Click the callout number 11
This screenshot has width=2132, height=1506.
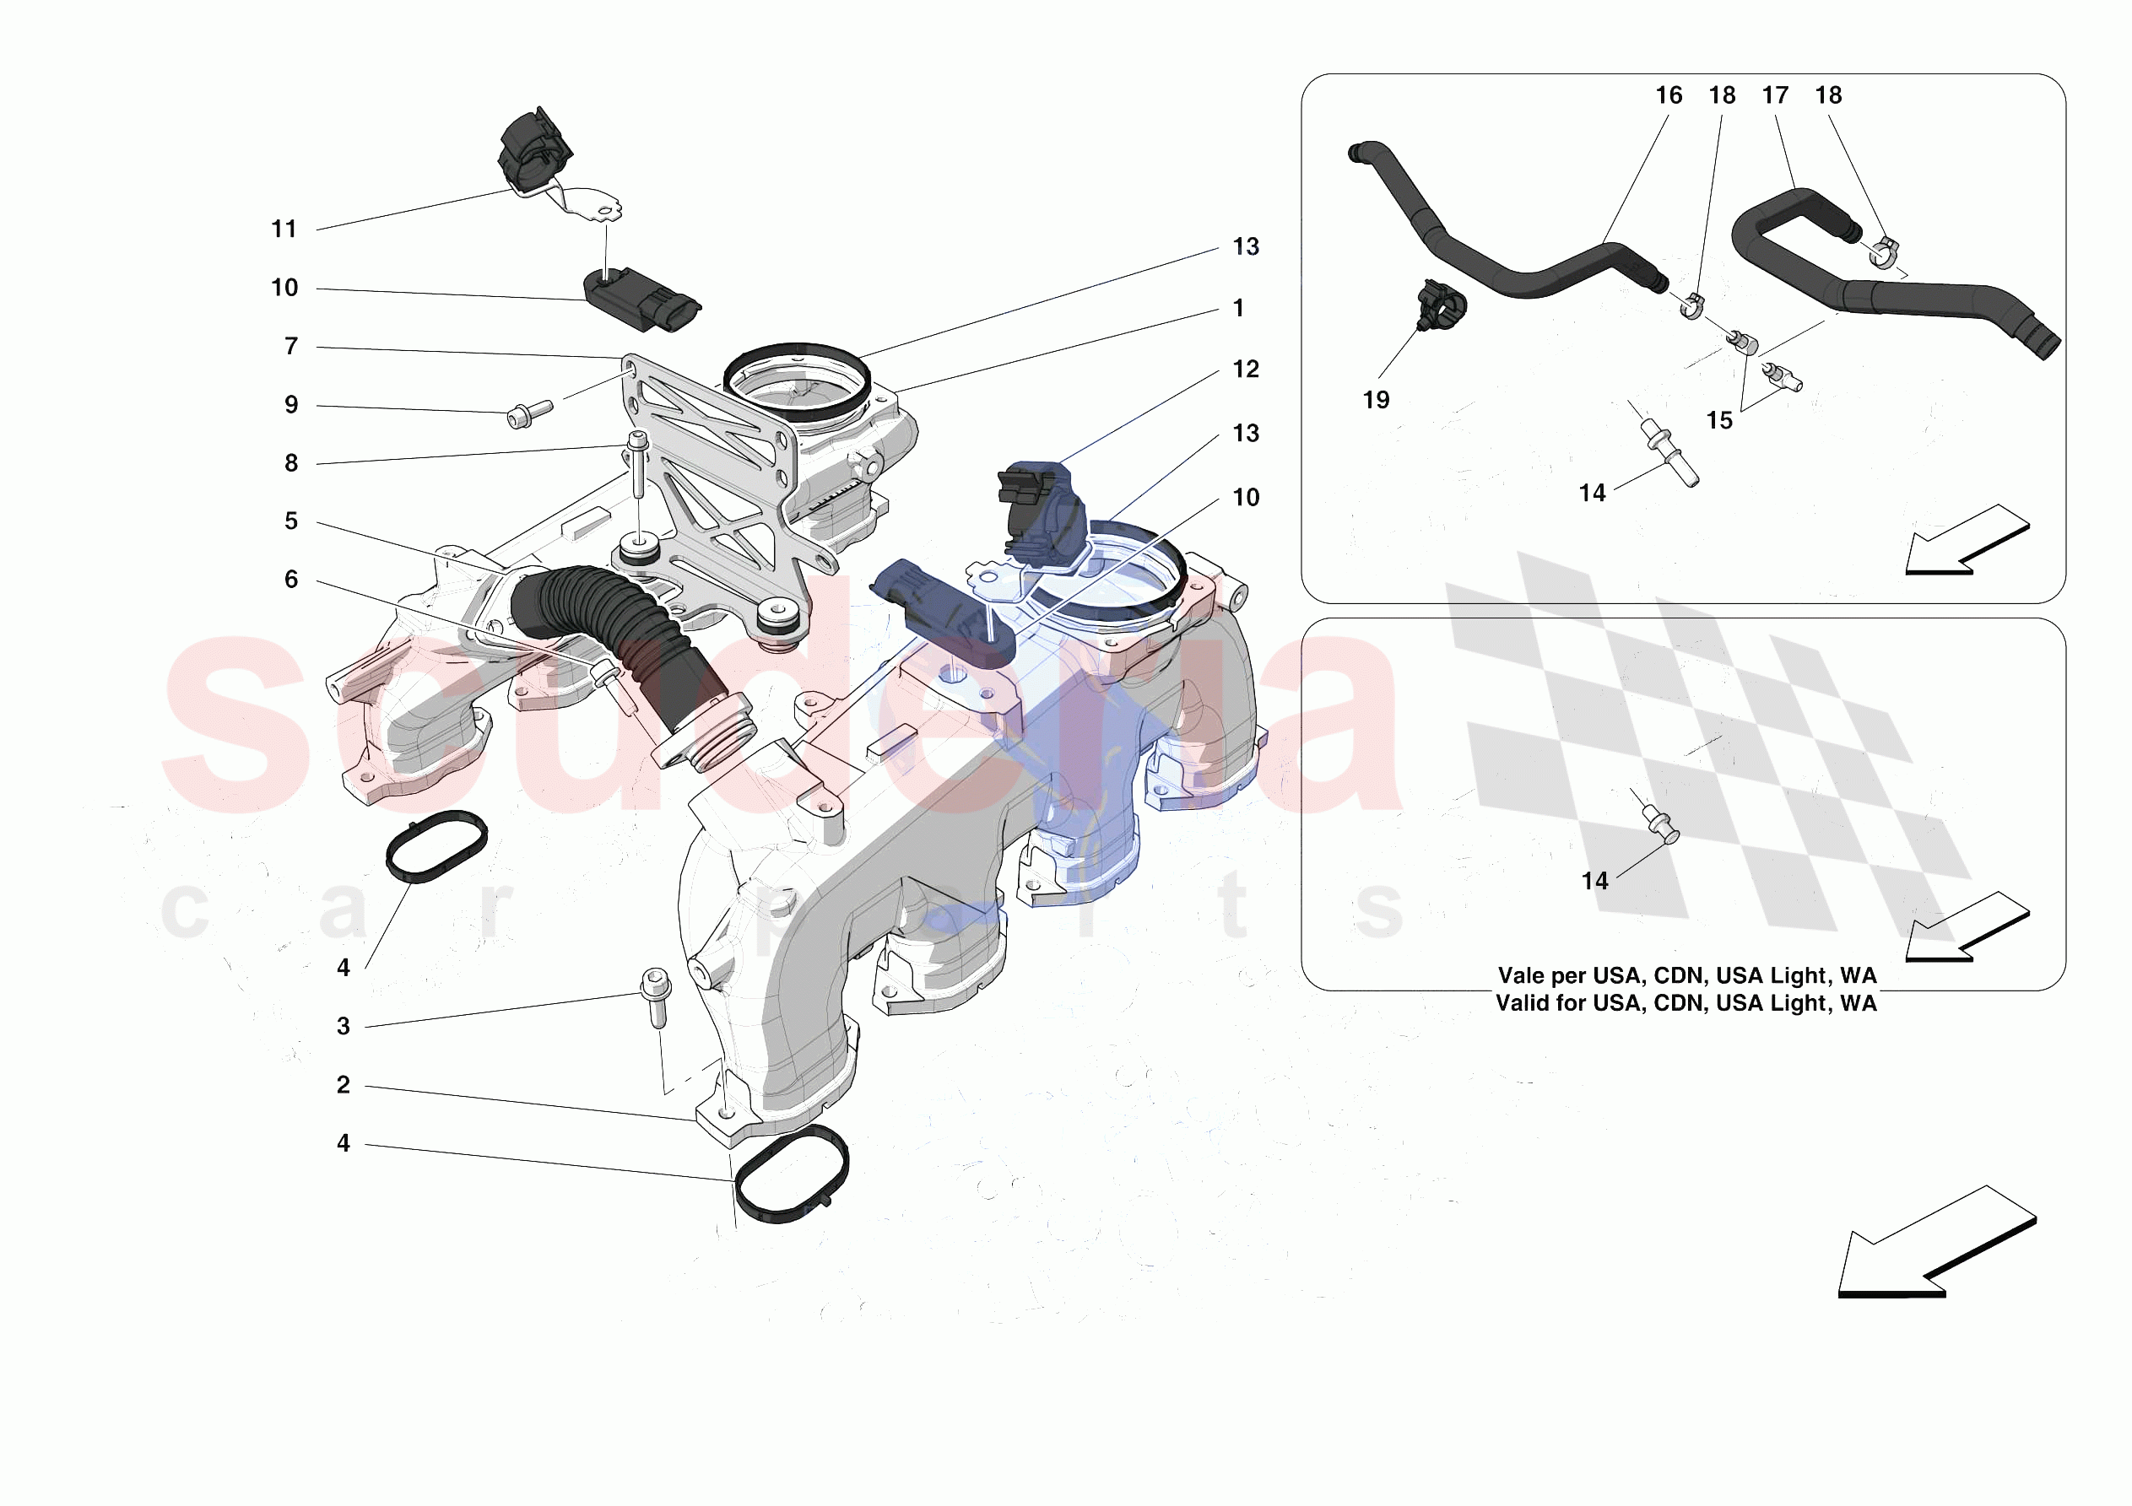pyautogui.click(x=284, y=229)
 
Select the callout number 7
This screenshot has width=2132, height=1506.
pyautogui.click(x=291, y=346)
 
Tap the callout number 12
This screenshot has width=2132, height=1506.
pyautogui.click(x=1245, y=370)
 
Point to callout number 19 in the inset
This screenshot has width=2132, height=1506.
pyautogui.click(x=1376, y=400)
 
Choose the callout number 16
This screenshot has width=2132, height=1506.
pyautogui.click(x=1669, y=95)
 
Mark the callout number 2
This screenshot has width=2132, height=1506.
pyautogui.click(x=344, y=1084)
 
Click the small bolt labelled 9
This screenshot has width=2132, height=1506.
pyautogui.click(x=530, y=414)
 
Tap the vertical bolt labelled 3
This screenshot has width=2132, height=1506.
pyautogui.click(x=656, y=997)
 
